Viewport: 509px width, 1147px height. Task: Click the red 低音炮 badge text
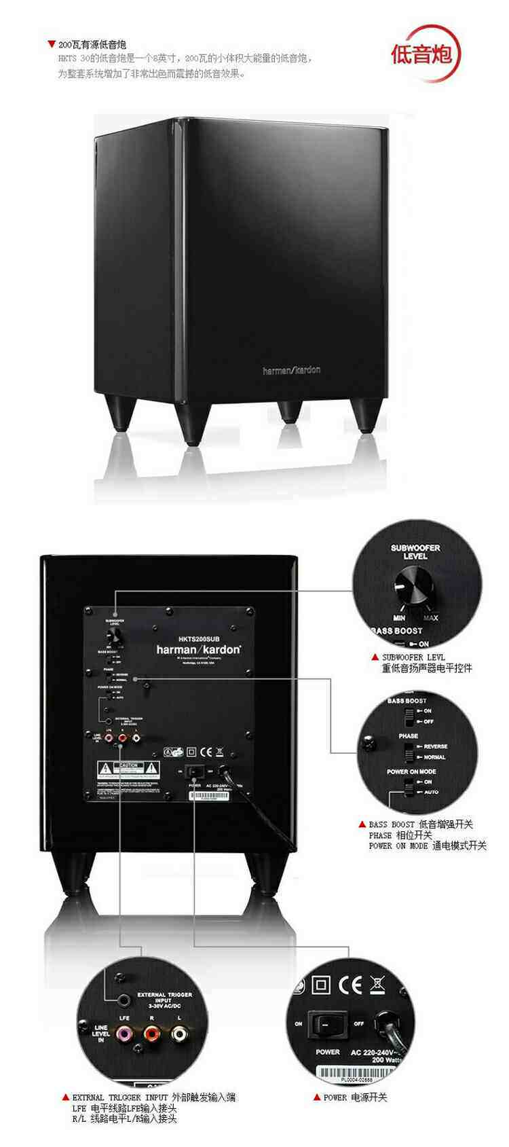pos(421,54)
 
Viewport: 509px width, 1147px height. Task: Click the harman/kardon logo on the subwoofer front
pos(291,370)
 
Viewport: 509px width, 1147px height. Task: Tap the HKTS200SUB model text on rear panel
pos(199,638)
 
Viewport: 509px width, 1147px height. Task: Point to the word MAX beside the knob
pos(431,618)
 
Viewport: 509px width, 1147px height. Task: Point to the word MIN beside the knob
pos(399,618)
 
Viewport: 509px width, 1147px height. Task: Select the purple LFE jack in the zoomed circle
pos(124,1034)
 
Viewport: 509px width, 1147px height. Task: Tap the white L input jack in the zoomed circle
pos(179,1034)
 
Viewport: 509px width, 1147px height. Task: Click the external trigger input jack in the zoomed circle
pos(124,1000)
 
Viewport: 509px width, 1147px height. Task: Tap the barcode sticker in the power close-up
pos(356,1074)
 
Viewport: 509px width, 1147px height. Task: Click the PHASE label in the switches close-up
pos(409,736)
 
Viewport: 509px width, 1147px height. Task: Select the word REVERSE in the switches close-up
pos(435,746)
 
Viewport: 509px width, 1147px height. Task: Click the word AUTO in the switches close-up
pos(432,792)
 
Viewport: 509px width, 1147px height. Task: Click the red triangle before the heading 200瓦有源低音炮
pos(51,44)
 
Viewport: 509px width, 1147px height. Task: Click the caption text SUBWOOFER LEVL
pos(413,657)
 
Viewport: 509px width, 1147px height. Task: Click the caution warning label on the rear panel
pos(128,769)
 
